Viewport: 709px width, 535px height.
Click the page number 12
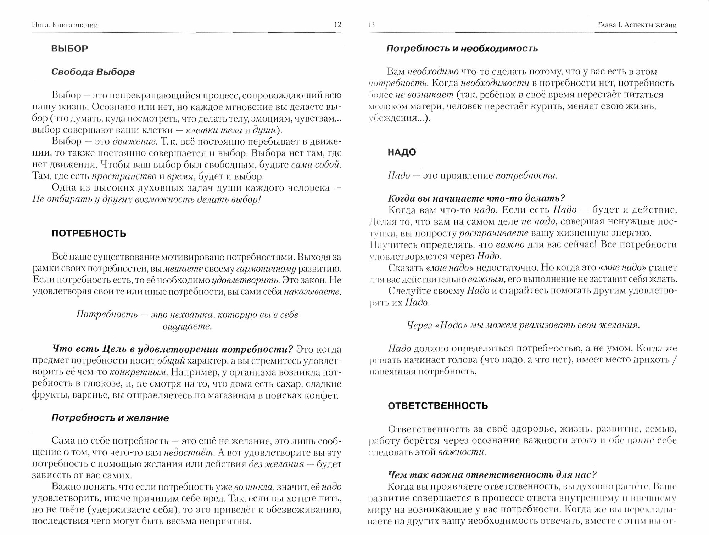pos(337,24)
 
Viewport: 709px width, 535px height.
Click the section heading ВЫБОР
pos(70,49)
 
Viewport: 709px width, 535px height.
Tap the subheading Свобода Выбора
pos(93,72)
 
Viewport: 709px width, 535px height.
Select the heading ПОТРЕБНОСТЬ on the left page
pos(89,233)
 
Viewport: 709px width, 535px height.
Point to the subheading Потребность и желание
pos(110,418)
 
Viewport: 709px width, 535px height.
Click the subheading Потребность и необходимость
pos(462,49)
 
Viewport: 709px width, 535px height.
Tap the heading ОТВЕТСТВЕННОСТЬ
pos(438,406)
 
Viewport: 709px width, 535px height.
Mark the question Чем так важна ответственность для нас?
pos(492,475)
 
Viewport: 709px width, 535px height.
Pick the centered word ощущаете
pos(187,326)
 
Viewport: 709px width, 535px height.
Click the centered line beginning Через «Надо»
pos(524,325)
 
